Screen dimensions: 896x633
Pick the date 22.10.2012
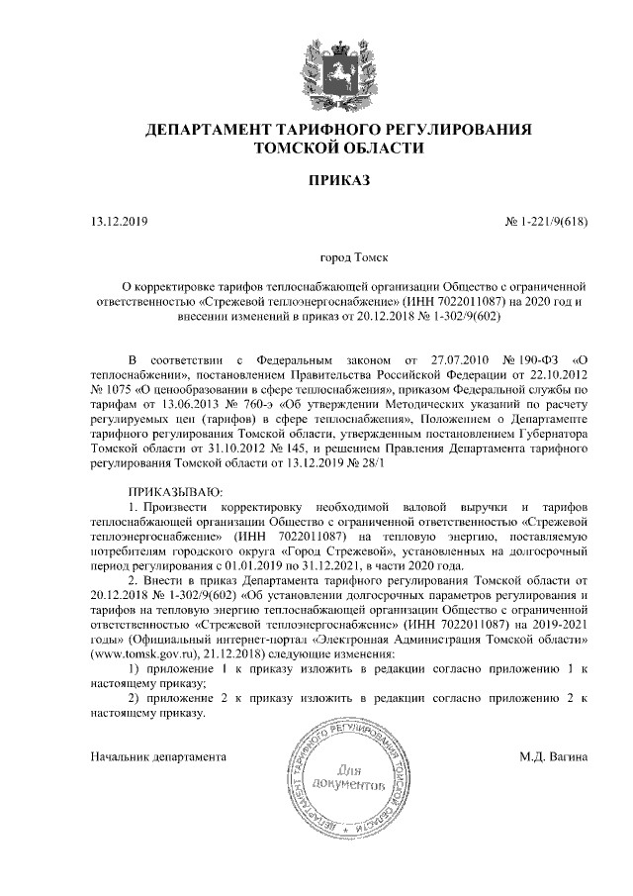[x=553, y=375]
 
